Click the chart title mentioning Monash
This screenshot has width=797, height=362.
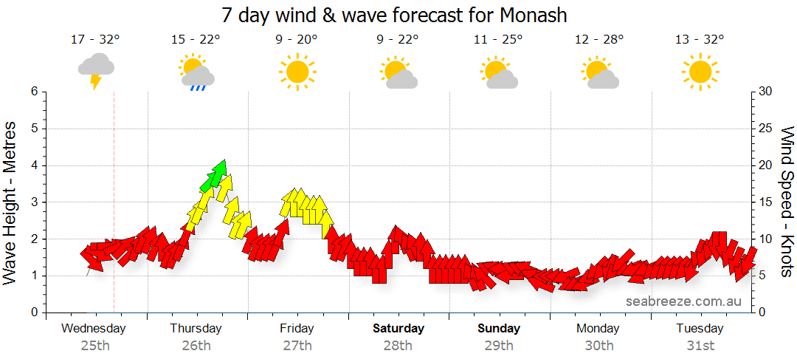tap(394, 15)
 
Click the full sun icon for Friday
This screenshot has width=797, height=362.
tap(297, 72)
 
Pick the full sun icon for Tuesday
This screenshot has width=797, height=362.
tap(700, 72)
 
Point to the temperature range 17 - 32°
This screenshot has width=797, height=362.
tap(95, 40)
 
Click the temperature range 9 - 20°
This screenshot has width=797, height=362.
tap(297, 40)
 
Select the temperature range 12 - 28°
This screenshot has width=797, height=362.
tap(599, 40)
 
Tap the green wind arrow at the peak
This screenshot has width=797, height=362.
tap(215, 175)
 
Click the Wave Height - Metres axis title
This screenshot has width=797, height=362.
tap(10, 202)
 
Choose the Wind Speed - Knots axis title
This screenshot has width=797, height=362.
tap(787, 202)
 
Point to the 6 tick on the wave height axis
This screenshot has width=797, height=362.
tap(33, 92)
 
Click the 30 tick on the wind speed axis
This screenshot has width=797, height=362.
tap(766, 92)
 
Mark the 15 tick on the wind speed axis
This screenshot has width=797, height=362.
tap(766, 202)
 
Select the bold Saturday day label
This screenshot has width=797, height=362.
tap(398, 329)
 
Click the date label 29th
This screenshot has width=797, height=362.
tap(499, 346)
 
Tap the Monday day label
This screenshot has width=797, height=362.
tap(599, 329)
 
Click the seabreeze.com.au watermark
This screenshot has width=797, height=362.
tap(683, 301)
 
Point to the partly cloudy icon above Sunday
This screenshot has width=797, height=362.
tap(499, 72)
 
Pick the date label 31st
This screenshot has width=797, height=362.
tap(700, 346)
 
